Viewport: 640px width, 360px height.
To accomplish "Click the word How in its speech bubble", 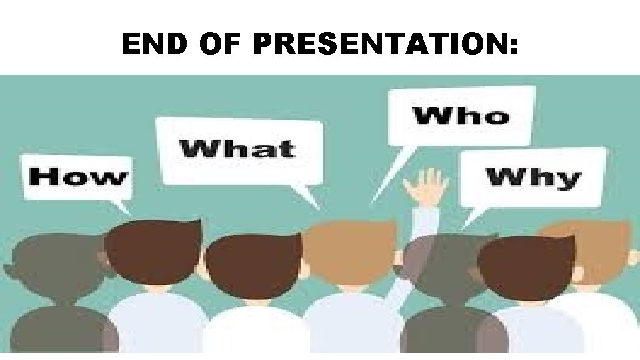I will tap(78, 177).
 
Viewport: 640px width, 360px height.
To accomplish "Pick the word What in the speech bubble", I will tap(237, 148).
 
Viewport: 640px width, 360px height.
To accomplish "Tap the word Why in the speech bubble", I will tap(533, 178).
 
